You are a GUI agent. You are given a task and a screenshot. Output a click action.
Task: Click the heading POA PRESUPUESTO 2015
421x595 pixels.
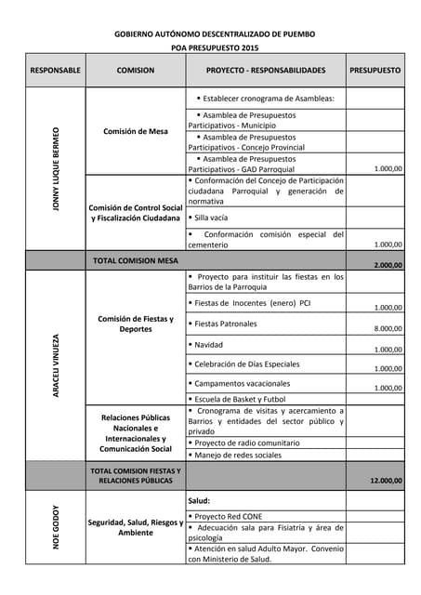(x=215, y=47)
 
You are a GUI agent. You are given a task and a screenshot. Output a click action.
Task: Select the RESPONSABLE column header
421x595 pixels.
(x=56, y=71)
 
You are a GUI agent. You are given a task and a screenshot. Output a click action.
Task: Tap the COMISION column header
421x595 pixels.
(x=136, y=71)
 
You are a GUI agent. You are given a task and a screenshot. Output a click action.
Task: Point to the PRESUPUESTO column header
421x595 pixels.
(x=375, y=71)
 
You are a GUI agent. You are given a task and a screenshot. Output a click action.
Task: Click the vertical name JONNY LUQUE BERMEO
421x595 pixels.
(x=56, y=168)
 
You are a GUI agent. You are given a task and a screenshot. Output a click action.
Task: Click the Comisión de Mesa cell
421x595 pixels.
(x=136, y=131)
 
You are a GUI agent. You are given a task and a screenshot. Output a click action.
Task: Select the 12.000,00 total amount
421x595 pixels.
(x=386, y=481)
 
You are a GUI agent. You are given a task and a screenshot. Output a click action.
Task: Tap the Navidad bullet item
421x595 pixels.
(x=210, y=344)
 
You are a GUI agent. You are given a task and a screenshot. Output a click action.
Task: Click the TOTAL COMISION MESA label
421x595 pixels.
(x=136, y=261)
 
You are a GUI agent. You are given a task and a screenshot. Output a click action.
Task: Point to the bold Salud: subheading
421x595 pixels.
(x=200, y=500)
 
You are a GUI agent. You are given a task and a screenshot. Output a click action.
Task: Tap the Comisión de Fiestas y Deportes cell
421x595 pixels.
(x=136, y=324)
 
